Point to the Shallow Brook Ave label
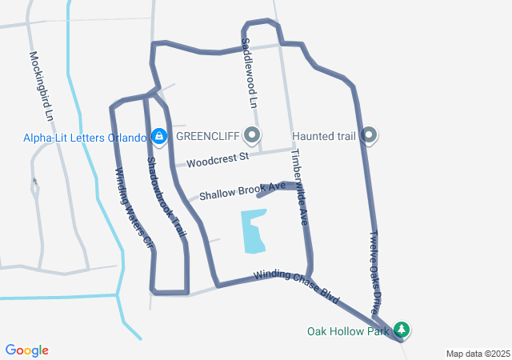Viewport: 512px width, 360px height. pyautogui.click(x=242, y=190)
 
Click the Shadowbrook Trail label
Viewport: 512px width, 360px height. pyautogui.click(x=166, y=196)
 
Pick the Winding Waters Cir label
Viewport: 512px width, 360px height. pyautogui.click(x=134, y=205)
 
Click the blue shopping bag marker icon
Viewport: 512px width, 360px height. pyautogui.click(x=159, y=137)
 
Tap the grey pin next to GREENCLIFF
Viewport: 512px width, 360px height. pyautogui.click(x=254, y=136)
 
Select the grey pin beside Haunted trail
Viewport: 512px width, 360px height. pyautogui.click(x=369, y=136)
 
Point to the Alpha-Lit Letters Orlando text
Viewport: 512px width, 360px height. pyautogui.click(x=85, y=137)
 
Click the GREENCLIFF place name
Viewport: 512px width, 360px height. pyautogui.click(x=210, y=136)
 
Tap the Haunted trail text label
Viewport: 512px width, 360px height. pyautogui.click(x=323, y=136)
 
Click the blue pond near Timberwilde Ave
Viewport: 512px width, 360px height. pyautogui.click(x=253, y=230)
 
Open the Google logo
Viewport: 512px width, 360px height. pyautogui.click(x=27, y=350)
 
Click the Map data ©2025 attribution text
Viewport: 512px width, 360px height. pyautogui.click(x=478, y=354)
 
